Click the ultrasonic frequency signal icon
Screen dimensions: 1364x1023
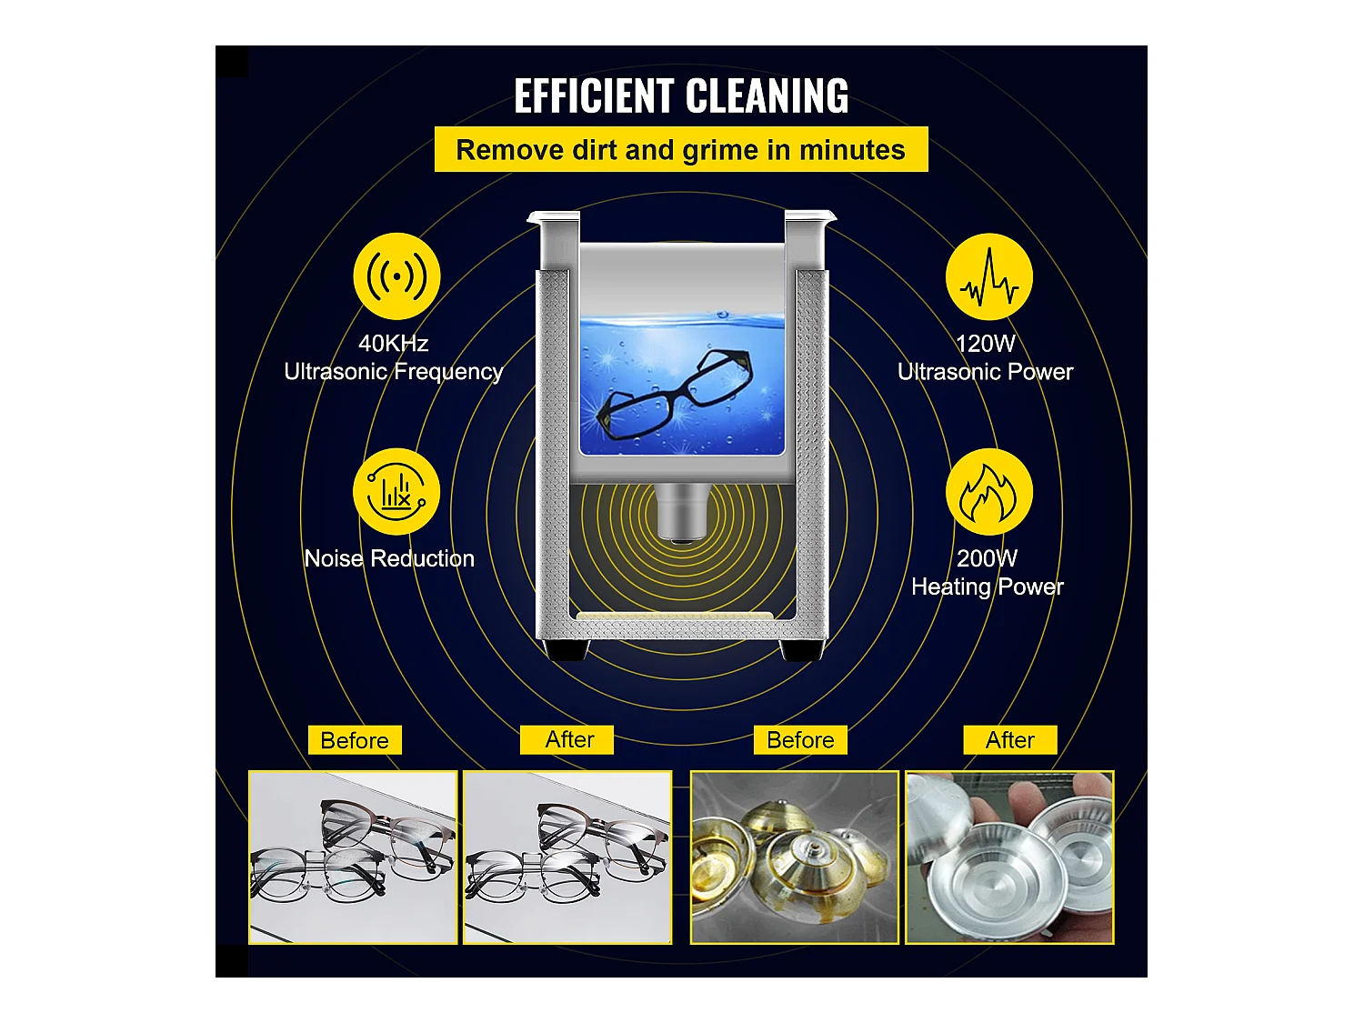click(x=396, y=276)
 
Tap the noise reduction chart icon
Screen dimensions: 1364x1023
click(x=396, y=491)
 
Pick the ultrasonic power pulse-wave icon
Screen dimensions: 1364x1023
click(x=989, y=276)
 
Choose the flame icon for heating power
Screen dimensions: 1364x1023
click(x=989, y=491)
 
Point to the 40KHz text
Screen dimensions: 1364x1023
click(x=394, y=344)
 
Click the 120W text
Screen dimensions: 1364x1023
click(x=985, y=344)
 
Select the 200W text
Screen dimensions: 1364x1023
click(x=987, y=558)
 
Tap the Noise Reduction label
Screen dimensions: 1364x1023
click(x=389, y=558)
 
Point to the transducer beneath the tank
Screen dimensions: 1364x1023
click(x=682, y=513)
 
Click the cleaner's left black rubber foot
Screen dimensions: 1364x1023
click(x=567, y=650)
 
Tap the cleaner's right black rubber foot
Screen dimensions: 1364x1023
click(x=802, y=650)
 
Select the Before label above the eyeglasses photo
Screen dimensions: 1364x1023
click(x=355, y=740)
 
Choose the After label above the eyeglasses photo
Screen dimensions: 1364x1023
click(x=567, y=740)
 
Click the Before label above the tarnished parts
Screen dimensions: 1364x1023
click(x=800, y=740)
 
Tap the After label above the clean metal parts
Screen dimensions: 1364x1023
click(x=1010, y=740)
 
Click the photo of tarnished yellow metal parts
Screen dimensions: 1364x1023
click(x=795, y=858)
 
